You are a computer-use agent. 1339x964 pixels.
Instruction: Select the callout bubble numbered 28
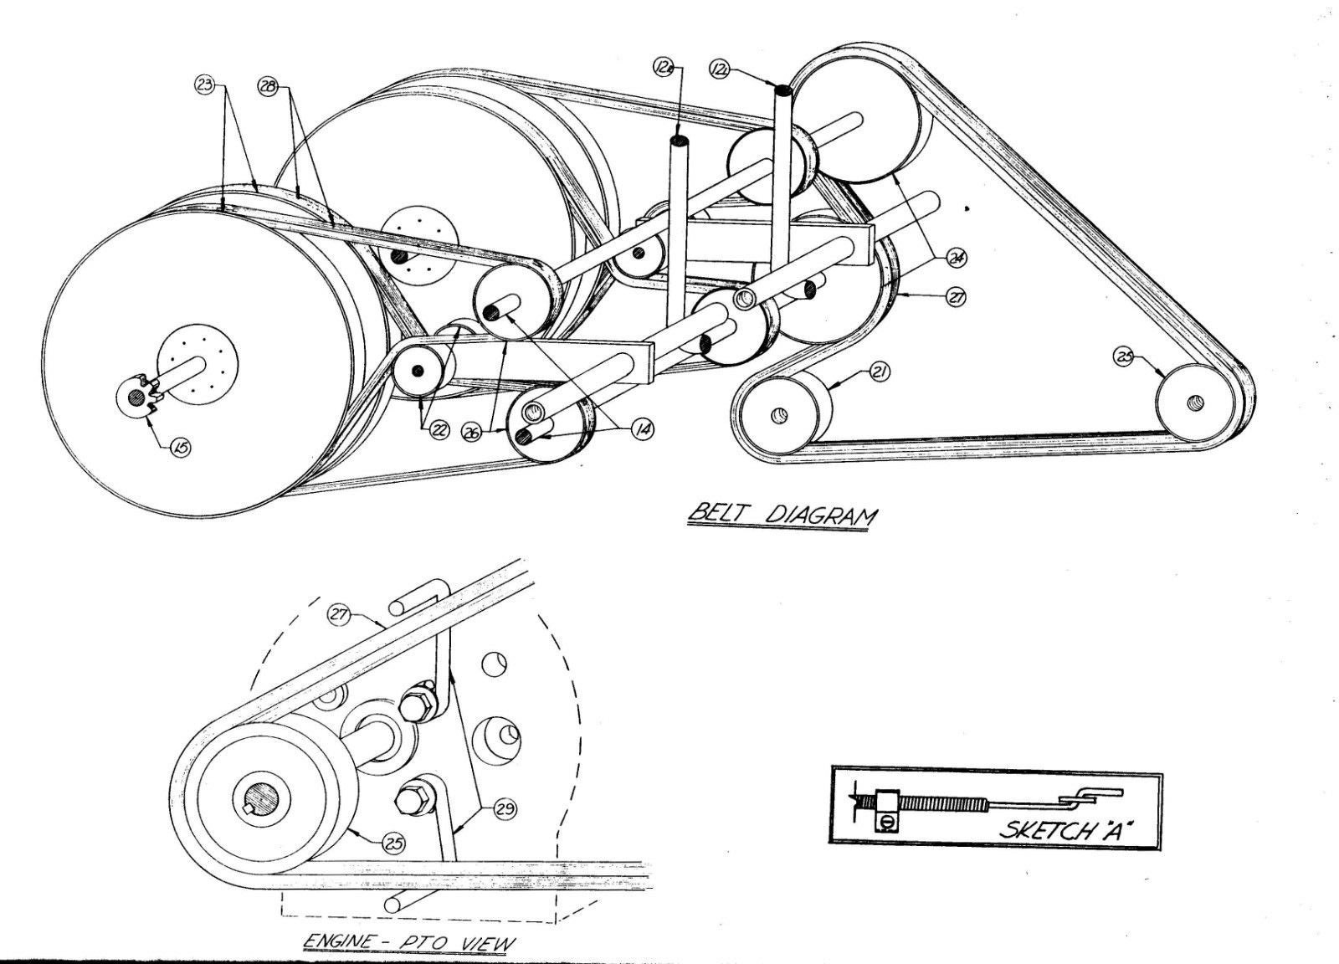[x=269, y=87]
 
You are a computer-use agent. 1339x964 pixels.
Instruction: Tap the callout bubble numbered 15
[x=181, y=448]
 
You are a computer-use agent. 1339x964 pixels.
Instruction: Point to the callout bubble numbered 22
[x=439, y=430]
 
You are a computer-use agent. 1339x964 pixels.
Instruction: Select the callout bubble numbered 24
[x=955, y=259]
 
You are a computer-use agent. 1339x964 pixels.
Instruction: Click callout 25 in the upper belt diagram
[x=1125, y=356]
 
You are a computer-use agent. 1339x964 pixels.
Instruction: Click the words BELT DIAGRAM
[x=779, y=515]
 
